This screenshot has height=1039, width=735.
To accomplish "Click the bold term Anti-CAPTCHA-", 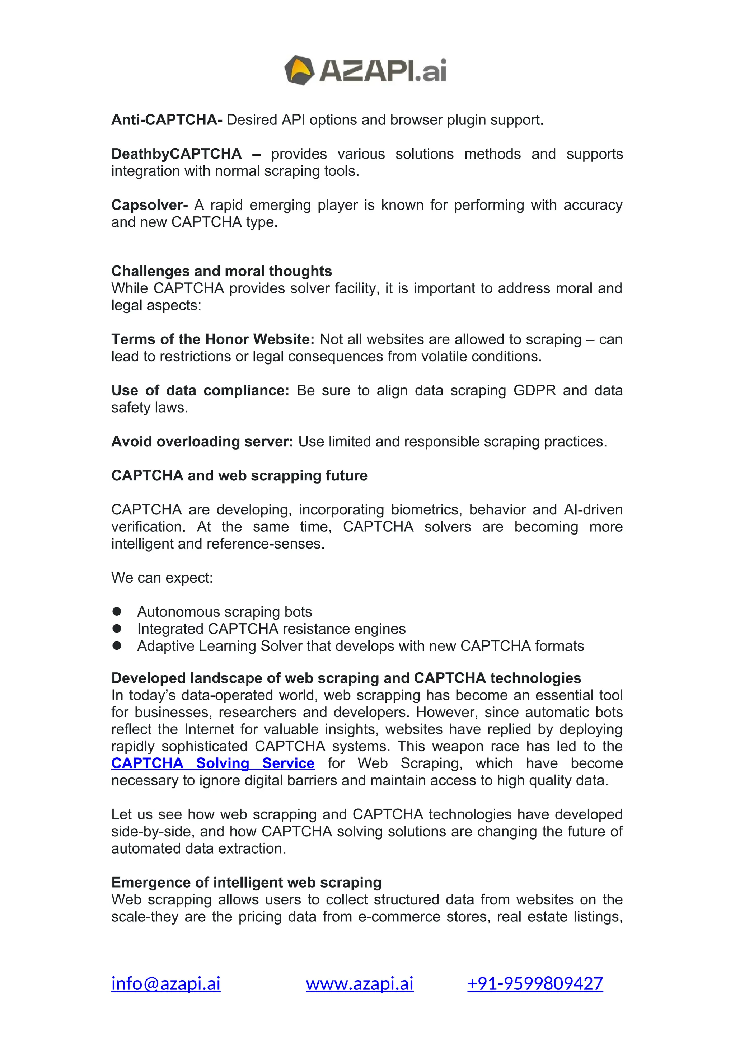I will coord(167,120).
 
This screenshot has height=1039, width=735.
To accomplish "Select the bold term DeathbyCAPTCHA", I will coord(177,154).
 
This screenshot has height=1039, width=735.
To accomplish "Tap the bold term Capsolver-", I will coord(149,205).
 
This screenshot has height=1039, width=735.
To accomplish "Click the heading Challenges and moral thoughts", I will coord(221,271).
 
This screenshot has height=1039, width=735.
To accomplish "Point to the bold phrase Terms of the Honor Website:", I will coord(213,339).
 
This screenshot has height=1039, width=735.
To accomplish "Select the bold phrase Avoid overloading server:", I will coord(202,442).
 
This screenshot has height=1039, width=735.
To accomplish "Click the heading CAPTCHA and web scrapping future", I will coord(239,476).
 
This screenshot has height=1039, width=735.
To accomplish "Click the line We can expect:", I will coord(161,578).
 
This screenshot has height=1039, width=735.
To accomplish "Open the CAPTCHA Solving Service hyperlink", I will coord(213,763).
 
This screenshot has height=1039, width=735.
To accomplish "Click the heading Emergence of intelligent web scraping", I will coord(246,883).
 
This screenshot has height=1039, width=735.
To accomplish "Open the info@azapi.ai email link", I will coord(166,984).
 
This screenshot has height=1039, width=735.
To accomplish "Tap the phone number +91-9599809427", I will coord(535,984).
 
